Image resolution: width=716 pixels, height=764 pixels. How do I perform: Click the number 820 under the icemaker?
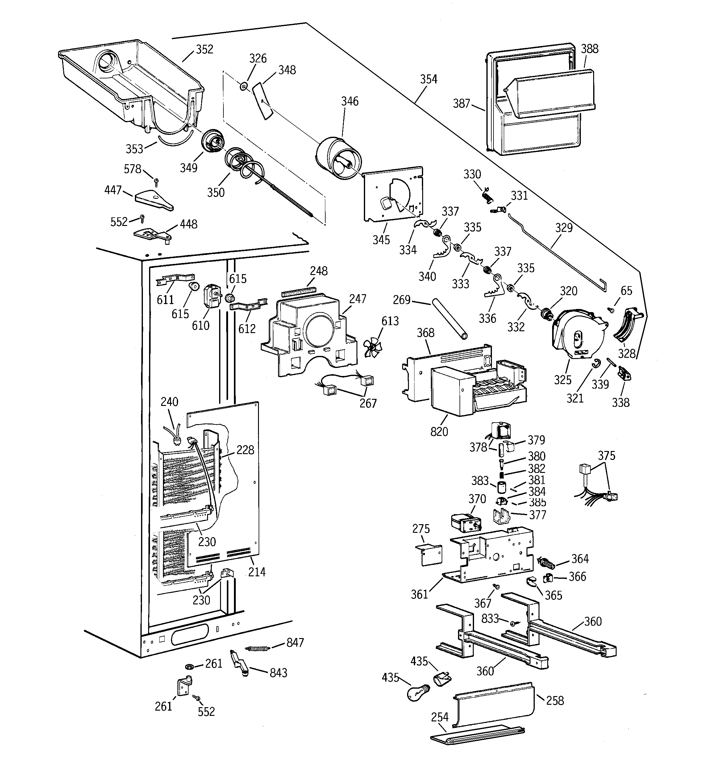pyautogui.click(x=439, y=432)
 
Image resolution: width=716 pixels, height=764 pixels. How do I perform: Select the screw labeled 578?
pyautogui.click(x=156, y=181)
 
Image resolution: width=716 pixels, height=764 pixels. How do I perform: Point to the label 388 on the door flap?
pyautogui.click(x=589, y=49)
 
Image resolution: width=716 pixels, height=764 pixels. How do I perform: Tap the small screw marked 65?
pyautogui.click(x=610, y=309)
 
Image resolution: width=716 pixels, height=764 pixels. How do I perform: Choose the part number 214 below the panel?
pyautogui.click(x=257, y=572)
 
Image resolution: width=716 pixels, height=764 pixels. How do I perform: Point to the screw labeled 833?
pyautogui.click(x=513, y=624)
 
